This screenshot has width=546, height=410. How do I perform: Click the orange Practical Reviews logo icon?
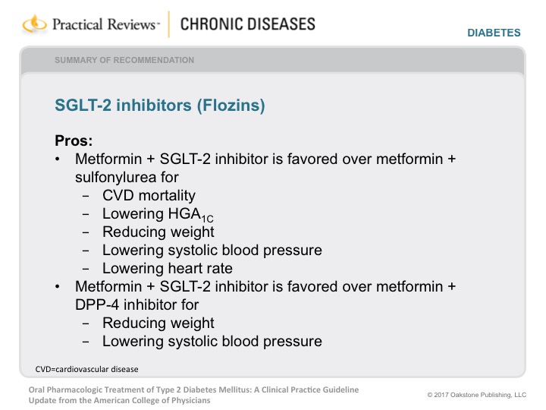coord(34,24)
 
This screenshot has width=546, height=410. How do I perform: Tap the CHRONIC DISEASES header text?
coord(247,24)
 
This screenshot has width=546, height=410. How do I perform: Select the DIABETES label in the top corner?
coord(494,33)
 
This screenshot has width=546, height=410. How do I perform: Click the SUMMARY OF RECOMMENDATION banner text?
coord(124,60)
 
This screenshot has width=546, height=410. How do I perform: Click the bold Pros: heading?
coord(74,141)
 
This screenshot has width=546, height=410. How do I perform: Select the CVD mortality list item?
coord(149,195)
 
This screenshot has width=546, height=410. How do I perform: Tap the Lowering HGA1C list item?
coord(158,214)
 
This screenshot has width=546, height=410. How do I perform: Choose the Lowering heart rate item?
coord(167,269)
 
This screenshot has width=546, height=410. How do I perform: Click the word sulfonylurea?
coord(116,178)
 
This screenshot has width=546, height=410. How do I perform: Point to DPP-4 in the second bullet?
coord(97,304)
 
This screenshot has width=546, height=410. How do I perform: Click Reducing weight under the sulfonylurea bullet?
coord(158,232)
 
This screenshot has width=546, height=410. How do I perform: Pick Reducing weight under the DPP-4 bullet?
coord(158,323)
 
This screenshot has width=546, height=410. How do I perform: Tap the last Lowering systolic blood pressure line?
coord(212,342)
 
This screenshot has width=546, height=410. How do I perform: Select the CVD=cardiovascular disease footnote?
coord(86,369)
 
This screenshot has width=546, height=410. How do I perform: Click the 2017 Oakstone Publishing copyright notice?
coord(477,395)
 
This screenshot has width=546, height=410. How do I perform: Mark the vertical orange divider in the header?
coord(169,24)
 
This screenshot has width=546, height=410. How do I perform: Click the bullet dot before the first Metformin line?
coord(58,159)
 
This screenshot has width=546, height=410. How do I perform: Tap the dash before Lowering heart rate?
coord(86,269)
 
